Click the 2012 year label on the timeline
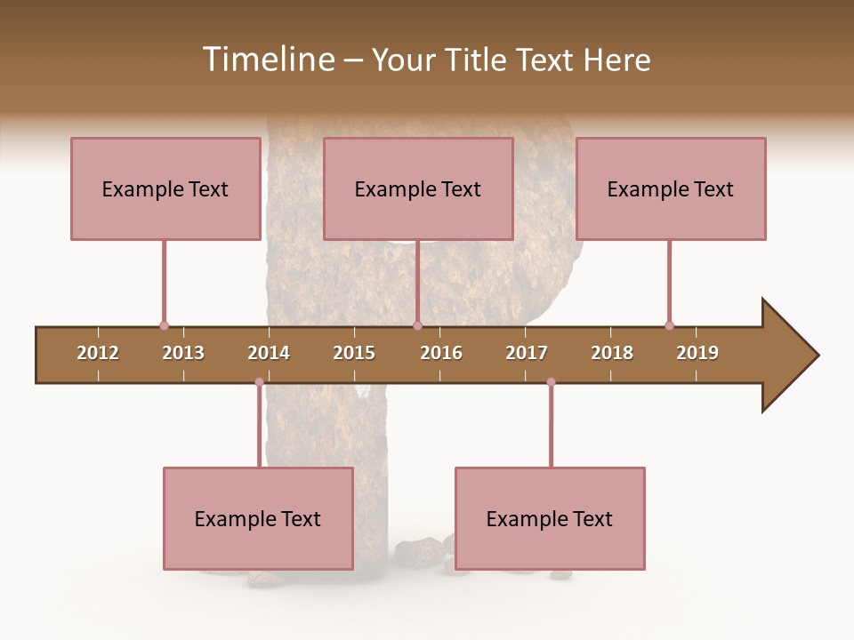point(98,353)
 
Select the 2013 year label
point(183,353)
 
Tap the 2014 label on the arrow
point(269,353)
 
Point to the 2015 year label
point(354,353)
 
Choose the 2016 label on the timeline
point(441,353)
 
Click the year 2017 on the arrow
point(527,353)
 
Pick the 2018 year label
point(612,353)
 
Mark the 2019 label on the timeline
point(697,353)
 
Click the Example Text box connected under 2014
point(258,519)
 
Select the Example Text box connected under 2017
point(550,519)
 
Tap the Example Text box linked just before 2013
point(165,188)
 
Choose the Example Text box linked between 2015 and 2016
point(418,188)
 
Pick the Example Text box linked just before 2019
point(671,188)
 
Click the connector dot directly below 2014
point(259,382)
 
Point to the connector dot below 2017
point(551,382)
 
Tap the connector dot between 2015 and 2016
point(417,325)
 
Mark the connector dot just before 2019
point(669,325)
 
